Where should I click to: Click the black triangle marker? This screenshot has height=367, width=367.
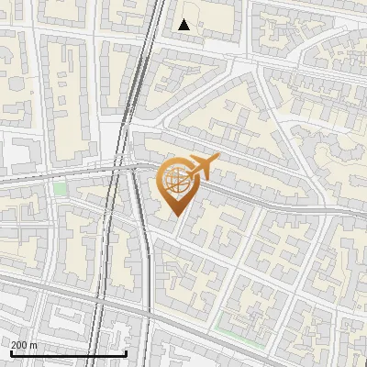[184, 25]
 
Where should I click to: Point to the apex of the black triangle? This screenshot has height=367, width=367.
[184, 19]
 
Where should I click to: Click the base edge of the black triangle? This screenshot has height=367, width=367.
[184, 29]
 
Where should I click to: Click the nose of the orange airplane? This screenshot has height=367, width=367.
[218, 160]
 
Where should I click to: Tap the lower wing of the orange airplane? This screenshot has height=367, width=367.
[203, 176]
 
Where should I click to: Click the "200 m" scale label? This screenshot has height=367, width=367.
[25, 345]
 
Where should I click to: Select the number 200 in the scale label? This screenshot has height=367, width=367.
[20, 345]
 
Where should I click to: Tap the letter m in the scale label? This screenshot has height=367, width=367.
[34, 346]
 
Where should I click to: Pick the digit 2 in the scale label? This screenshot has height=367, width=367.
[15, 345]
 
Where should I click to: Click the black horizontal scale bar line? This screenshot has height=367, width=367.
[68, 353]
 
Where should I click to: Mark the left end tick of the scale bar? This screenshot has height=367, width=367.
[11, 351]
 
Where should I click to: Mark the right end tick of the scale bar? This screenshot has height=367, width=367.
[126, 351]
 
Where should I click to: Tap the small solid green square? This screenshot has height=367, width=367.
[61, 189]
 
